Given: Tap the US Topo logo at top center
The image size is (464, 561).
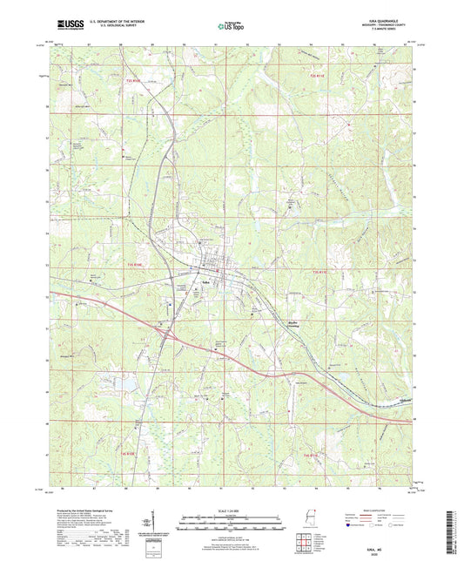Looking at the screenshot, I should tap(231, 27).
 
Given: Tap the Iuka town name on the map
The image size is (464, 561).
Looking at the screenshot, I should tap(205, 283).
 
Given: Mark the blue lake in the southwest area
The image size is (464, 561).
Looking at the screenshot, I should tap(128, 382).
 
